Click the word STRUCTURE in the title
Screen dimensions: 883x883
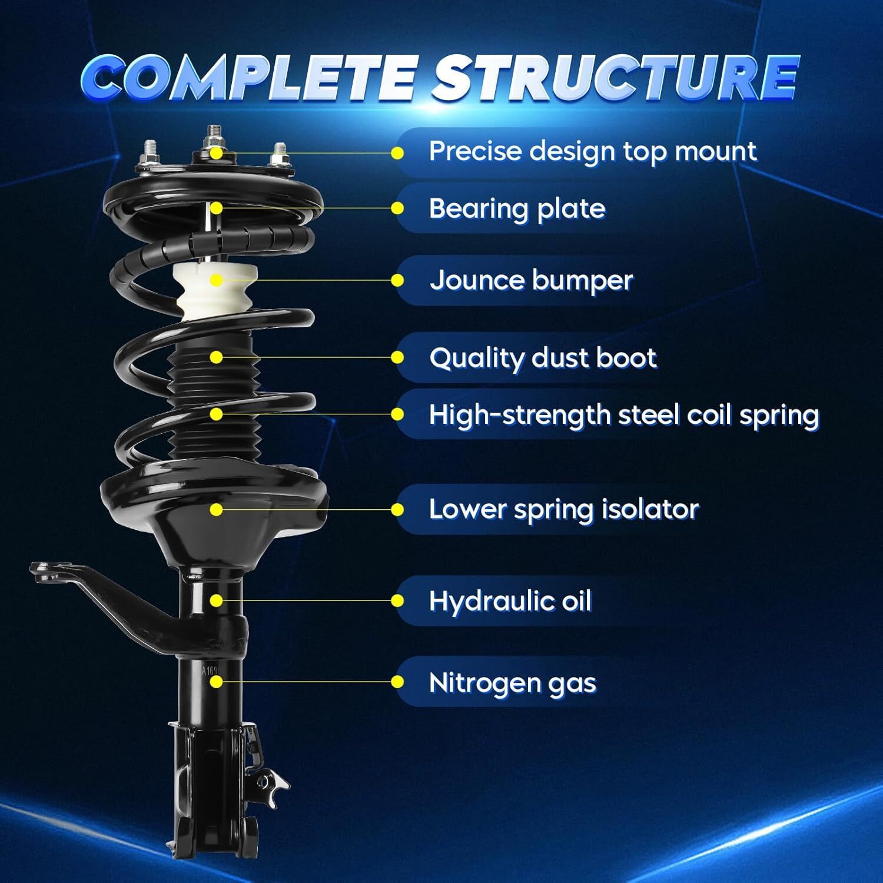(616, 78)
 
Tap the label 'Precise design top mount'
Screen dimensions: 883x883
(592, 152)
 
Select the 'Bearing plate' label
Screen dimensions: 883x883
(517, 209)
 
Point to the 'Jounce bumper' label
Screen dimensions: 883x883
(531, 281)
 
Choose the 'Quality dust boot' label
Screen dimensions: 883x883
(543, 358)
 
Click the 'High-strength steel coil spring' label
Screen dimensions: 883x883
(624, 415)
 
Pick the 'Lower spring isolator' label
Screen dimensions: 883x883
(563, 510)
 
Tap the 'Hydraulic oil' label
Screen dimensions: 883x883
(510, 602)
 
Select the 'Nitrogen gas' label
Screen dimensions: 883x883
(512, 683)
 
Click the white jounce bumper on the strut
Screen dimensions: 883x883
(216, 291)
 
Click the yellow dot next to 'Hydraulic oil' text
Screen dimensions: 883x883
(397, 601)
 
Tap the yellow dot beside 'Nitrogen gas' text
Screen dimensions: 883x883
(397, 682)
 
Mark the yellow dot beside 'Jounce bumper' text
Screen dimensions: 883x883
(397, 281)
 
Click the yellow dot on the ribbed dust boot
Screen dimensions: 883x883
(216, 357)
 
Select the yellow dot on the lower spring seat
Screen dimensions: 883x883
(216, 510)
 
